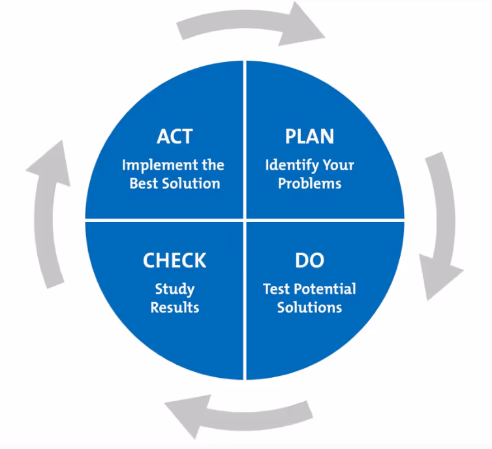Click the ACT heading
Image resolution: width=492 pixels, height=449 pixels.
point(175,136)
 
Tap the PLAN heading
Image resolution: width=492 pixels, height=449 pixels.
point(309,136)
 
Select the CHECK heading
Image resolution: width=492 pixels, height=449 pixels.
point(174,260)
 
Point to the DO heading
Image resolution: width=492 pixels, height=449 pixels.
point(309,260)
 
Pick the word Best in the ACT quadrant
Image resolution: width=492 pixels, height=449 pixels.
point(144,183)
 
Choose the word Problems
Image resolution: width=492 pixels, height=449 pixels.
point(309,183)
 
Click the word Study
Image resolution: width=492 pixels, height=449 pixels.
point(174,288)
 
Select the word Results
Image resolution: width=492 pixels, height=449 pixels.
point(174,307)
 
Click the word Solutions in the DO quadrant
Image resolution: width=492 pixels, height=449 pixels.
point(309,307)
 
